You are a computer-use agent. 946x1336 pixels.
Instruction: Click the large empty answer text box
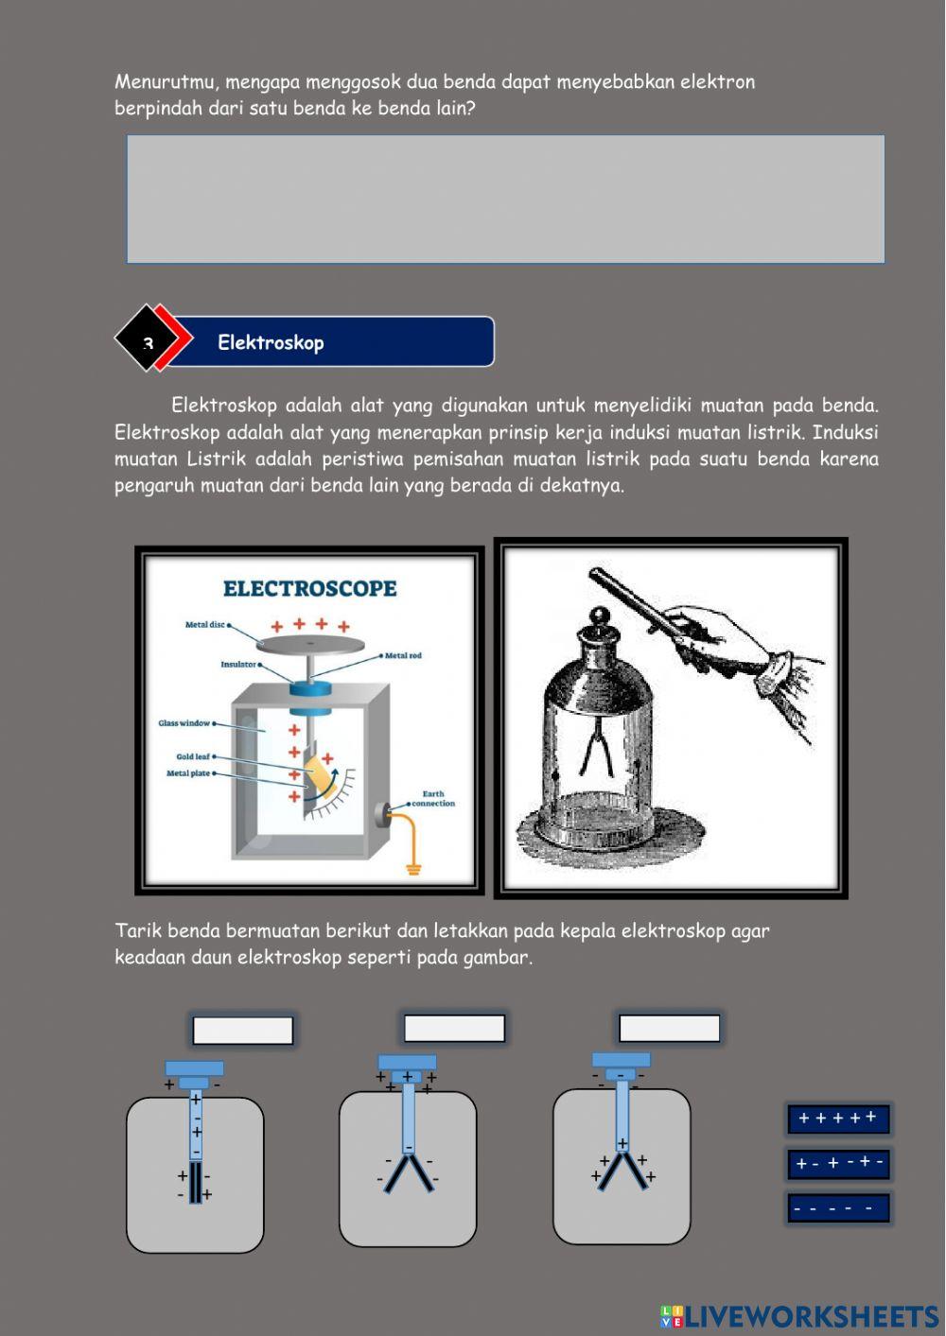[505, 199]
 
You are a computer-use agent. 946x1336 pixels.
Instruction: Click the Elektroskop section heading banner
[331, 341]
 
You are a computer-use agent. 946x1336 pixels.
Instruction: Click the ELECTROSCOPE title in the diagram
[309, 588]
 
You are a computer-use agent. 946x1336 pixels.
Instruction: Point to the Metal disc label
[205, 625]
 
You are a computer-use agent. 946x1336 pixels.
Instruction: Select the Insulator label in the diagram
[238, 665]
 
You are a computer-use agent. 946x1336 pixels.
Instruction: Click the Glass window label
[184, 723]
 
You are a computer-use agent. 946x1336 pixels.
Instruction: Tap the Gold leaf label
[193, 756]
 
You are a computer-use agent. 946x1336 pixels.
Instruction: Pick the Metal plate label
[188, 773]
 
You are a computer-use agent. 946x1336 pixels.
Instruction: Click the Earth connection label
[433, 799]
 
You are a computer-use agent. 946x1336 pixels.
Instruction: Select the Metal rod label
[403, 655]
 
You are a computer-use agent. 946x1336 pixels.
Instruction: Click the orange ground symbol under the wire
[413, 868]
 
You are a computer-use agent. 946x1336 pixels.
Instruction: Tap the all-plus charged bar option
[838, 1119]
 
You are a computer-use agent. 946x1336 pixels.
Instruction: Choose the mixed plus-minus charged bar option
[838, 1163]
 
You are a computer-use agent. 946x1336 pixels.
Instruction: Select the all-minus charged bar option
[838, 1207]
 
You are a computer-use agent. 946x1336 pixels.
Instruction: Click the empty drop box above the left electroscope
[243, 1030]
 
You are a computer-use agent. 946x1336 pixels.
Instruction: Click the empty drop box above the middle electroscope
[454, 1028]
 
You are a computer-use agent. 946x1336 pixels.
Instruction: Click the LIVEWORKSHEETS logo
[799, 1315]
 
